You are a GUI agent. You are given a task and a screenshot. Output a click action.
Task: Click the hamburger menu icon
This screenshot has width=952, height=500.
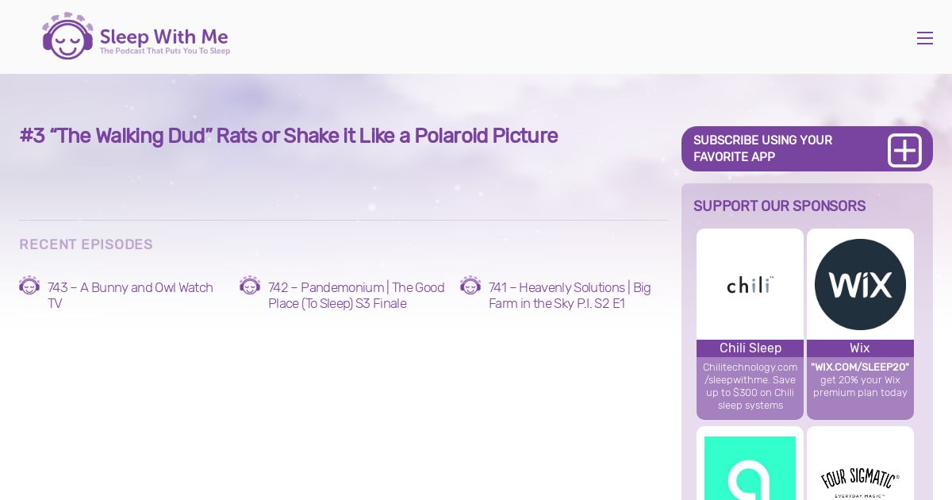(x=925, y=38)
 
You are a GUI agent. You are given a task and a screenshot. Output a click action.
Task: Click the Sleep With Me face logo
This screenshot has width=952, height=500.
(x=67, y=37)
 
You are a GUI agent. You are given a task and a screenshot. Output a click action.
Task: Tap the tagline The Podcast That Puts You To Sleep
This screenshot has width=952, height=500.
(x=165, y=51)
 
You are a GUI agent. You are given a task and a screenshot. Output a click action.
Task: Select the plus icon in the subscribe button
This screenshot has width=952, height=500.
(x=904, y=151)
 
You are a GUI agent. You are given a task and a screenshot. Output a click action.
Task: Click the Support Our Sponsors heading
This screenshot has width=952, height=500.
(x=779, y=206)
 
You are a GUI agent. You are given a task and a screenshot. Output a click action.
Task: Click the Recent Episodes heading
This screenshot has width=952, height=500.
(x=86, y=244)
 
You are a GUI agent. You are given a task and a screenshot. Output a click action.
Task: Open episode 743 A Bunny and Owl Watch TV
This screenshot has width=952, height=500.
(x=130, y=295)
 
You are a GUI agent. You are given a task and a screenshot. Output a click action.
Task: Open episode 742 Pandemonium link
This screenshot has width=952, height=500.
(x=356, y=295)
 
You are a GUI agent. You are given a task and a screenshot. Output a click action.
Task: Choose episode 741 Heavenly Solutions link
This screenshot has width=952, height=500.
(x=570, y=295)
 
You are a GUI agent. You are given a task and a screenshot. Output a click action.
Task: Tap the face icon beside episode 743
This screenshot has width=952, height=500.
(x=29, y=285)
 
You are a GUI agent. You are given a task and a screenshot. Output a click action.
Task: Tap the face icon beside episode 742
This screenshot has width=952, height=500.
(x=250, y=285)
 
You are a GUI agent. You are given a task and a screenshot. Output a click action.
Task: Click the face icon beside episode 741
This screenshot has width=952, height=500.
(x=470, y=285)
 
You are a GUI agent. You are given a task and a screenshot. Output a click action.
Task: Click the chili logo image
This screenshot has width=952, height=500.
(x=750, y=284)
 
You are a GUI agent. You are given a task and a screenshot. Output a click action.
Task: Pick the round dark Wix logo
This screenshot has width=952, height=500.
(x=860, y=284)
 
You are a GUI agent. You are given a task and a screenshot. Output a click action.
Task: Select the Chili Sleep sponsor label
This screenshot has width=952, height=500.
(x=750, y=348)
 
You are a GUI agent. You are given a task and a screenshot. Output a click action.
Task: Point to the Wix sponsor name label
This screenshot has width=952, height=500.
(x=860, y=348)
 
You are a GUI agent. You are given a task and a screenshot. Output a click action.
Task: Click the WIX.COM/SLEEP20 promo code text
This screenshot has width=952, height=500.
(x=860, y=367)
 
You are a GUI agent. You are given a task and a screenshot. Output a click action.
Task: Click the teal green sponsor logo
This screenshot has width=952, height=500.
(x=750, y=468)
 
